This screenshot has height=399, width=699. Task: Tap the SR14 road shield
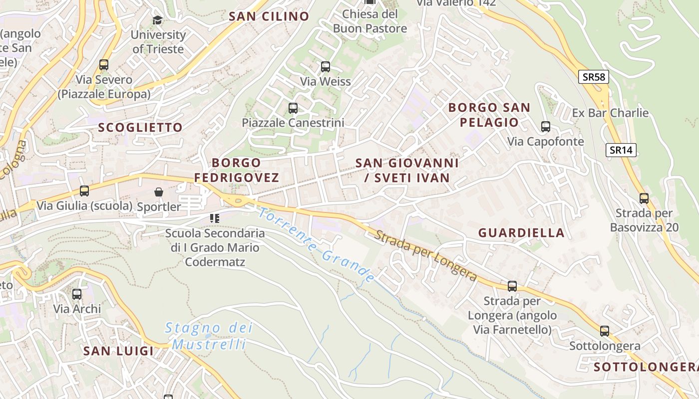[x=621, y=150]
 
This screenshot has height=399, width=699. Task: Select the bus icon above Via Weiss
[x=326, y=66]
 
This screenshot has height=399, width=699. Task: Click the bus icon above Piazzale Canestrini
[x=293, y=108]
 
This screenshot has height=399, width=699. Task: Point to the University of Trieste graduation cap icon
[x=158, y=20]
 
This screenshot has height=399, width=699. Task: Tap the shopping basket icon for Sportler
[x=159, y=192]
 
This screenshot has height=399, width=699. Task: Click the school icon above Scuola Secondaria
[x=215, y=218]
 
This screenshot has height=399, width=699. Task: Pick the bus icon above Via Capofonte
[x=546, y=127]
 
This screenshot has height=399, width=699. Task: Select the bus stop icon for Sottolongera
[x=605, y=331]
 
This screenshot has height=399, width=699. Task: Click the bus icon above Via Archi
[x=77, y=294]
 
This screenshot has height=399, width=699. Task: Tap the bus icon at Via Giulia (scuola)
[x=84, y=191]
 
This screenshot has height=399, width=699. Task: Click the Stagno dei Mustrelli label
[x=209, y=336]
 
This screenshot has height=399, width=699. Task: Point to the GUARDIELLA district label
[x=521, y=233]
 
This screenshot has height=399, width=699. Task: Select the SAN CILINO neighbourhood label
[x=269, y=16]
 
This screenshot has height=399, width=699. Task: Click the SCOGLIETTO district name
[x=140, y=128]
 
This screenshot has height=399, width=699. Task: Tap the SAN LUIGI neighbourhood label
[x=118, y=351]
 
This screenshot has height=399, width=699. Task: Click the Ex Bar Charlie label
[x=610, y=113]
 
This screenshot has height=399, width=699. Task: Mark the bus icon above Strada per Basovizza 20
[x=644, y=199]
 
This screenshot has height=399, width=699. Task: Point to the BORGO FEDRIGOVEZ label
[x=236, y=170]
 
